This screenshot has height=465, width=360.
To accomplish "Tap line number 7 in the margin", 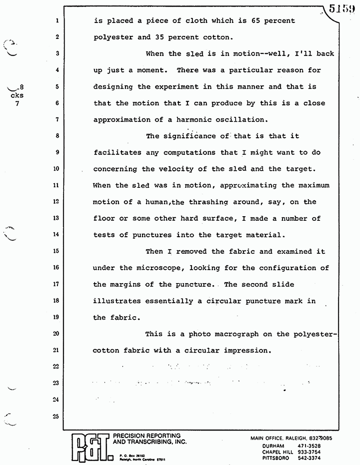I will point(56,119).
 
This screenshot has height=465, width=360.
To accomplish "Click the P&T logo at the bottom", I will point(89,447).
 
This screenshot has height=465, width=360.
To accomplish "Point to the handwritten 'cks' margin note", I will point(17,95).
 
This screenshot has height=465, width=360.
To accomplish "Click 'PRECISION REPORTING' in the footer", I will point(144,436).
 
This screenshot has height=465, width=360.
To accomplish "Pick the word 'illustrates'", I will point(117,301).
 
